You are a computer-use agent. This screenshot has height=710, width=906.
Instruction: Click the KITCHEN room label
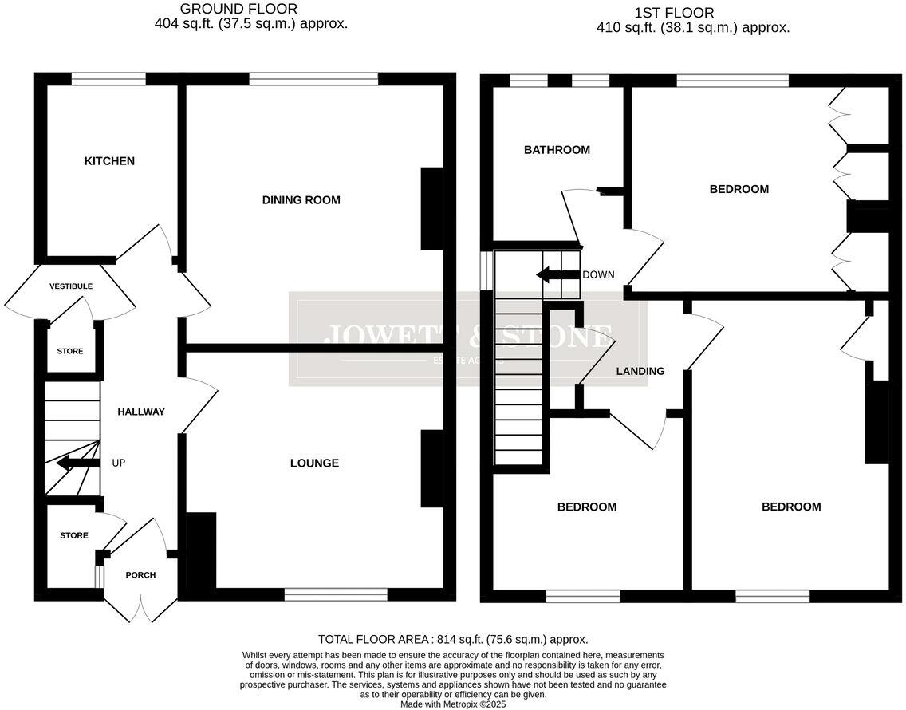click(x=109, y=161)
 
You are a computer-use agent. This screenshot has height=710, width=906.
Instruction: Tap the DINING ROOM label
click(x=301, y=200)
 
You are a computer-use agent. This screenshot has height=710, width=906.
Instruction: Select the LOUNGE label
click(x=314, y=463)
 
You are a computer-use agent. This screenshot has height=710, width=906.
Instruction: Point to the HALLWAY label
click(x=141, y=412)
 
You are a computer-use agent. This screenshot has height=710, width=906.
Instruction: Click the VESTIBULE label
click(x=71, y=286)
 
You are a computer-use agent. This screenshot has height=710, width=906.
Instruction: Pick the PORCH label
click(x=140, y=574)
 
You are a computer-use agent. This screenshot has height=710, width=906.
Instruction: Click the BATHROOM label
click(x=557, y=150)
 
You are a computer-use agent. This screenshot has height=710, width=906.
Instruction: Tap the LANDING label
click(x=640, y=371)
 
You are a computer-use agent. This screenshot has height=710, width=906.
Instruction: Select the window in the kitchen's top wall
click(x=108, y=79)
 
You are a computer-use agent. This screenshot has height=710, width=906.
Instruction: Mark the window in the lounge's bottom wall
click(x=336, y=594)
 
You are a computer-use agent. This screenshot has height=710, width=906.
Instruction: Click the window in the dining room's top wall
click(x=313, y=79)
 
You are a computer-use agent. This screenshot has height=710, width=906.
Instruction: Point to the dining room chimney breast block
click(x=431, y=209)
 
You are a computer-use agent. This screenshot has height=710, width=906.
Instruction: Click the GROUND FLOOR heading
click(x=227, y=10)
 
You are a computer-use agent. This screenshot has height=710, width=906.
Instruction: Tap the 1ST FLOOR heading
click(x=674, y=13)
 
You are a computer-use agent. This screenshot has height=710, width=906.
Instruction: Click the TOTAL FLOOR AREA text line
click(x=453, y=639)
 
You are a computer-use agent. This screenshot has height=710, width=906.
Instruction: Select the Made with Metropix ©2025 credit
click(x=453, y=704)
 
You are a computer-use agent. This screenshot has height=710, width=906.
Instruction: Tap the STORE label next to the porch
click(x=74, y=535)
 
